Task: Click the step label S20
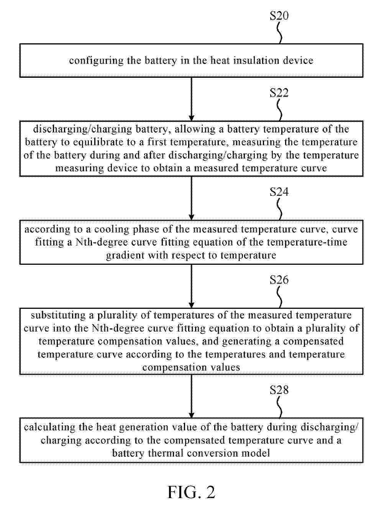[x=279, y=16]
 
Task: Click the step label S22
[x=279, y=93]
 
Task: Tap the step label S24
[x=279, y=192]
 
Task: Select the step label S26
[x=279, y=280]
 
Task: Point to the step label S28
[x=279, y=390]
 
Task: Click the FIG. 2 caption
[x=191, y=492]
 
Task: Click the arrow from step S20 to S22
[x=191, y=99]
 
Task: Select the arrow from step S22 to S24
[x=191, y=198]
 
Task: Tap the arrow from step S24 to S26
[x=191, y=286]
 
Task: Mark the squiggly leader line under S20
[x=280, y=33]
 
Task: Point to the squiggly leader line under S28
[x=280, y=407]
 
